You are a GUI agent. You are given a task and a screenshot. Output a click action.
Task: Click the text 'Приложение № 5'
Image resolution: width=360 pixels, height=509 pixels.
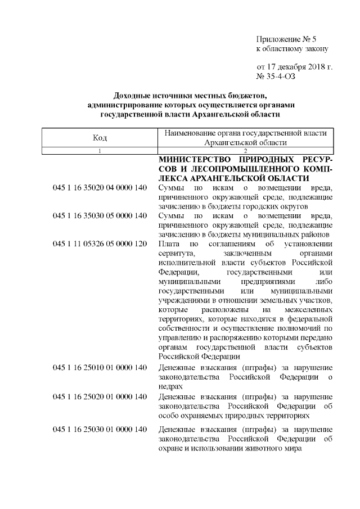coord(287,39)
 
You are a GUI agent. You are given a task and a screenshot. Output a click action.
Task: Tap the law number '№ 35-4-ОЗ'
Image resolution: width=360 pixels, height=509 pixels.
coord(276,76)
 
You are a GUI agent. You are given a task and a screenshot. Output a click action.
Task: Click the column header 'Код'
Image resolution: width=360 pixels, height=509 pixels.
coord(100,138)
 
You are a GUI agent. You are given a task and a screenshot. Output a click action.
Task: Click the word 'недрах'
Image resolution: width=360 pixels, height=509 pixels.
coord(171,387)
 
